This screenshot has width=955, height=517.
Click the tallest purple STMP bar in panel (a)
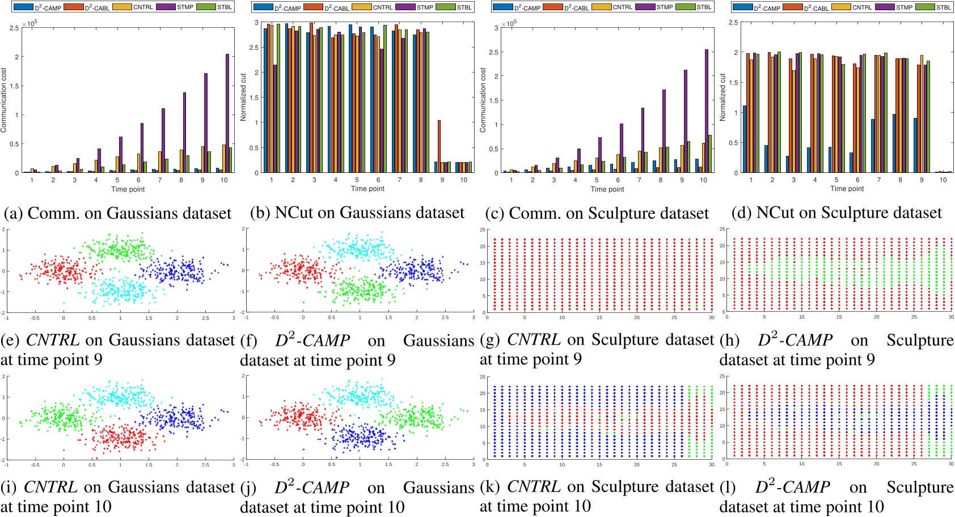(227, 113)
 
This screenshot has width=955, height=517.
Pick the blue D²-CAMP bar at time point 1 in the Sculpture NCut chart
(745, 139)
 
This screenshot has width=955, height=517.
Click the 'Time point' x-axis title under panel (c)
(607, 189)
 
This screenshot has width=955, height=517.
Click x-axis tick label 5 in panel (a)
(117, 180)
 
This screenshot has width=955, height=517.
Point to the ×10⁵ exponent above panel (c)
(509, 23)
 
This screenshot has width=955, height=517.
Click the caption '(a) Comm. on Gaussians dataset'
(118, 213)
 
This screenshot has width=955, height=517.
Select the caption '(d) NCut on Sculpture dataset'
(836, 213)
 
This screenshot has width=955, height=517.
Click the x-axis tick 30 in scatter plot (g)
(711, 317)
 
